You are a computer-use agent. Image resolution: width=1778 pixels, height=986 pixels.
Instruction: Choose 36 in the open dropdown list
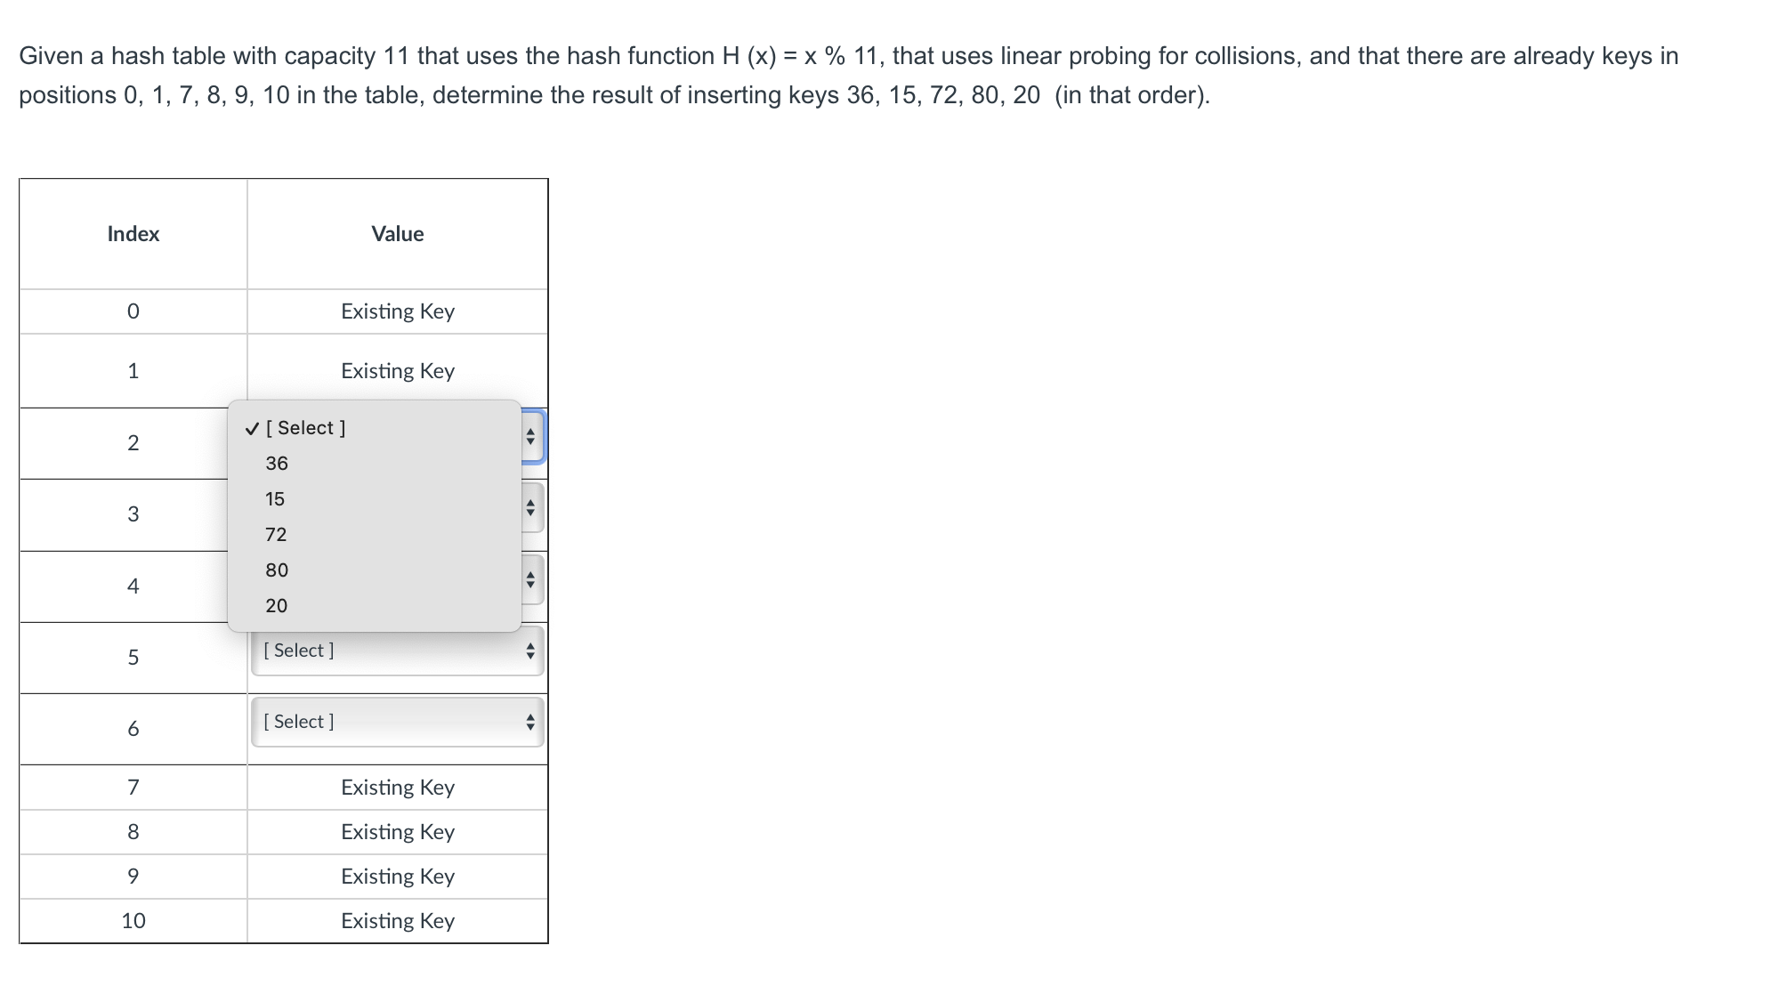pos(277,464)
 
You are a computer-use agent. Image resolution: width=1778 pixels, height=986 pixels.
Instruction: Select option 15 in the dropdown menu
pos(275,499)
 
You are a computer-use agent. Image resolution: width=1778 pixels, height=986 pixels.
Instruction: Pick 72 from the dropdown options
pos(276,535)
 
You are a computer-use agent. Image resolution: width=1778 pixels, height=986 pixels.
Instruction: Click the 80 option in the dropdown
pos(277,570)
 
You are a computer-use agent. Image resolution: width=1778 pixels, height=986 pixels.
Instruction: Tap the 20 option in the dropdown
pos(277,606)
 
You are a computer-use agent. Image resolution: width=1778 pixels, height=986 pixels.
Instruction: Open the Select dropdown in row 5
pos(397,651)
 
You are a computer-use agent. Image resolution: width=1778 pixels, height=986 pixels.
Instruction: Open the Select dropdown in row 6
pos(397,722)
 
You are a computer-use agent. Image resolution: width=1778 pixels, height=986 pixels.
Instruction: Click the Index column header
pos(133,234)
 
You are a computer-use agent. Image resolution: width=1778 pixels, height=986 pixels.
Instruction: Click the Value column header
pos(398,234)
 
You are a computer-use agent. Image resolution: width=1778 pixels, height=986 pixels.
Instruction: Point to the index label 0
pos(133,311)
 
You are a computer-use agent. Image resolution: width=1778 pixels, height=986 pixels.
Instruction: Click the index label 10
pos(133,921)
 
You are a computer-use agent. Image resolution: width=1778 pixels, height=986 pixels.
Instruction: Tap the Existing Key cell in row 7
pos(398,788)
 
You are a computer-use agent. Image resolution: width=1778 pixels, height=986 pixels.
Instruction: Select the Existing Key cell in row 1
pos(398,371)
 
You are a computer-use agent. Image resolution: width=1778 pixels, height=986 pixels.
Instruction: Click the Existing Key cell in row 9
pos(398,877)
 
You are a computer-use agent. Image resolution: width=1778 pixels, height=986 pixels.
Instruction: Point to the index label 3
pos(133,514)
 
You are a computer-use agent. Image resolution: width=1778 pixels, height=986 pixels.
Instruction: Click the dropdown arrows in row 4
pos(530,580)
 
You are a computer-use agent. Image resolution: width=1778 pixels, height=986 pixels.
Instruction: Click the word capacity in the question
pos(330,56)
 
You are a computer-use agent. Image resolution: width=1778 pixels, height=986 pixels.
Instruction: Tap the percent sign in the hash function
pos(835,56)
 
